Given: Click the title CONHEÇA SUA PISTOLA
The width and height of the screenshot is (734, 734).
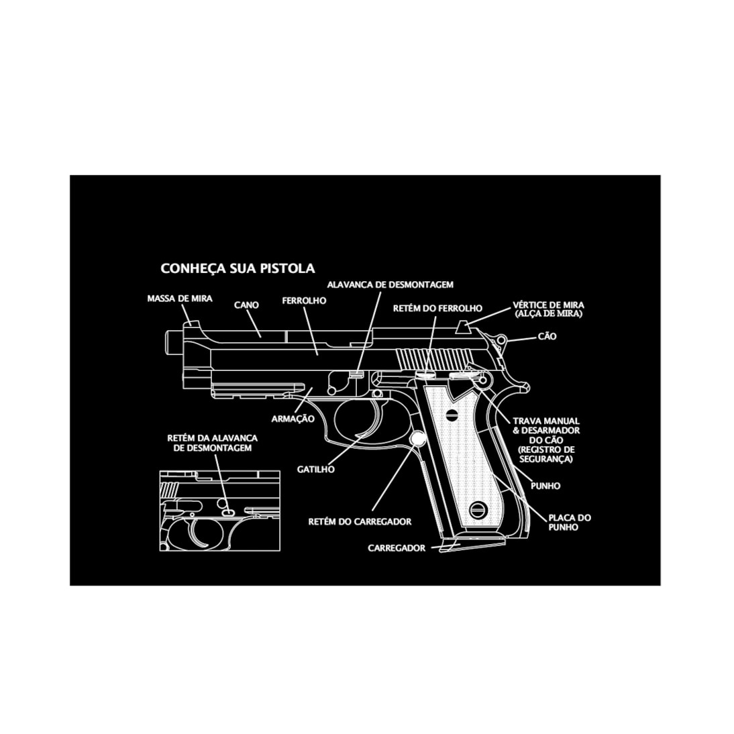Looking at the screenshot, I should tap(238, 268).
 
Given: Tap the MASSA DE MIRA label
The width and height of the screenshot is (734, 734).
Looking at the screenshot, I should tap(179, 299).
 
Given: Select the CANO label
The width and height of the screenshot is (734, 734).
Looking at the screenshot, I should tap(246, 305).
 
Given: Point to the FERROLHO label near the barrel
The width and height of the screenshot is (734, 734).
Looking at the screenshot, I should tap(304, 301).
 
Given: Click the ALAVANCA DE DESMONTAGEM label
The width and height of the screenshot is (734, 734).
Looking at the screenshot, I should tap(390, 284).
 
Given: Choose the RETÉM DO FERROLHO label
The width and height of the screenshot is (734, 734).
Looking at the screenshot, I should tap(437, 308).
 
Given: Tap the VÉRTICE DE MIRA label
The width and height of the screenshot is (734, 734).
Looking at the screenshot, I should tap(547, 309).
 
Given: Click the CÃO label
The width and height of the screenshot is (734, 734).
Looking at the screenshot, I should tap(547, 336).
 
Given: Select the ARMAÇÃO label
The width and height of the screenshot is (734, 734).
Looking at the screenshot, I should tap(293, 419).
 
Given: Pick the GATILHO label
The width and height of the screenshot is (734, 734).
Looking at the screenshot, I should tap(315, 470).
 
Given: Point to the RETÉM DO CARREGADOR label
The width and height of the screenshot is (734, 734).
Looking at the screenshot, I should tap(360, 521).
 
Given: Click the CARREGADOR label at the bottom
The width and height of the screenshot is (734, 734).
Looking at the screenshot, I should tap(396, 548).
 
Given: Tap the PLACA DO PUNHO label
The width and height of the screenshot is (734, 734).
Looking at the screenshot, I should tap(570, 522).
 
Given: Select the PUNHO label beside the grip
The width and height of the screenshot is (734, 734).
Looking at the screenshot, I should tap(545, 486).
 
